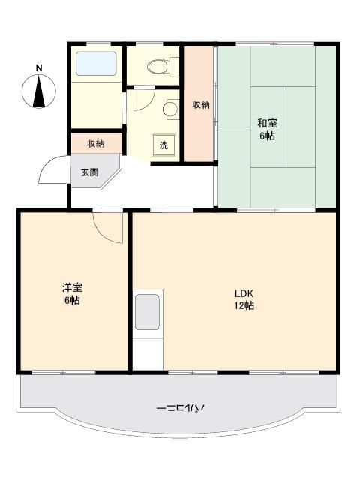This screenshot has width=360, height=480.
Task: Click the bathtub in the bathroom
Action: pos(96,63)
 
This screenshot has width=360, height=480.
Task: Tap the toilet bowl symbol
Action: pos(158,66)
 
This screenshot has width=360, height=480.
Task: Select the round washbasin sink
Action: pos(170,108)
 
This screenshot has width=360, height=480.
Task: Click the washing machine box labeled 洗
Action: pos(163,145)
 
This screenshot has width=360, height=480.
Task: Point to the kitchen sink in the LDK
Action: pos(147,312)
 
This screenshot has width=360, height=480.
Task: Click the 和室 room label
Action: pos(267,123)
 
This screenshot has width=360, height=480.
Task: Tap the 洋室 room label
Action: pos(72,288)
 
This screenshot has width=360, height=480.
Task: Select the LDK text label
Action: pos(244,293)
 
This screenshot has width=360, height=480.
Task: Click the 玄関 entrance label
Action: pos(90,172)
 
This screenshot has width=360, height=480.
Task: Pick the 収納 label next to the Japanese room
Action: pos(201,105)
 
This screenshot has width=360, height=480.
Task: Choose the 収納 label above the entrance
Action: pos(96,143)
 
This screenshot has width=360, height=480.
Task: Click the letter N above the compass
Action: pos(39,68)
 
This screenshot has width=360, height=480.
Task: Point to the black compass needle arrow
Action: pos(39,91)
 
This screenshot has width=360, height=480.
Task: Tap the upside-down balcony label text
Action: pos(180,408)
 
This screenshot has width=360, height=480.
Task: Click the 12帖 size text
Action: pos(244,305)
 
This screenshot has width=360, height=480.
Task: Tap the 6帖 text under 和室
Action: pos(267,136)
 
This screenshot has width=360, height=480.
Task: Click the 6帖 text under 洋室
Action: pos(72,300)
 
